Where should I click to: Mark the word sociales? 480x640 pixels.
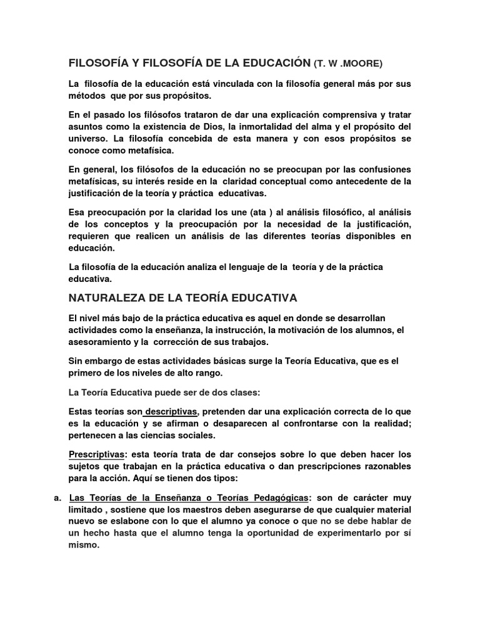pyautogui.click(x=194, y=435)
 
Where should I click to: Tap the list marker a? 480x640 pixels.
pyautogui.click(x=57, y=497)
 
